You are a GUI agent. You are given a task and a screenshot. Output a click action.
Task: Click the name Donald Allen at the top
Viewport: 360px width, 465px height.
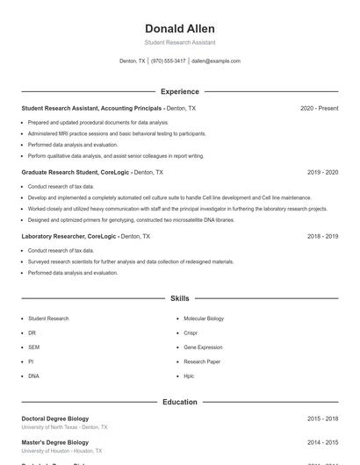(x=179, y=29)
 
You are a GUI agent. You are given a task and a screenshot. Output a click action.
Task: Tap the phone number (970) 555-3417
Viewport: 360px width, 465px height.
(x=168, y=61)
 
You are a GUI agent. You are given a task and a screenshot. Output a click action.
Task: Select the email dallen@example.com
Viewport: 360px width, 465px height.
(x=215, y=61)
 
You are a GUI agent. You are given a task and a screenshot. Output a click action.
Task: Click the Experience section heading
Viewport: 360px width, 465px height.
(x=179, y=91)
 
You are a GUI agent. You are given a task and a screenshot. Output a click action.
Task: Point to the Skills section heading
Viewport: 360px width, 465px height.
(x=179, y=298)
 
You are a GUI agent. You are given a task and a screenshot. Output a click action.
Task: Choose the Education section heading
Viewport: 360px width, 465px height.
(x=179, y=402)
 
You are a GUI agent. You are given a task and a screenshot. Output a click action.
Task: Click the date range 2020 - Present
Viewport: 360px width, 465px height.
(x=319, y=108)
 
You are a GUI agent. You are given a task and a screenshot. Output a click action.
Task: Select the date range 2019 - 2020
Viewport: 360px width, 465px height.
(x=322, y=172)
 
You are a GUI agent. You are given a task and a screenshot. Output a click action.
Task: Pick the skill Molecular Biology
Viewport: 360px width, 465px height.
(x=204, y=318)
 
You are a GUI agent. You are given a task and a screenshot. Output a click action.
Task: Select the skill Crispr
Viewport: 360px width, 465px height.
(x=191, y=333)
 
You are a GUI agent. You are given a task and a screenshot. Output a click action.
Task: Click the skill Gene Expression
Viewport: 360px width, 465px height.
(x=203, y=347)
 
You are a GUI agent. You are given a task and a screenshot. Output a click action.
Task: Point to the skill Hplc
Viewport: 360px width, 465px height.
(x=189, y=376)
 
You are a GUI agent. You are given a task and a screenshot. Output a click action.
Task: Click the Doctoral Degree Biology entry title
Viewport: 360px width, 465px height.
(x=54, y=418)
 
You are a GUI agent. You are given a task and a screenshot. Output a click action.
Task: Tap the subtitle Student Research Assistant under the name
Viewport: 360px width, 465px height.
(x=179, y=42)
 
